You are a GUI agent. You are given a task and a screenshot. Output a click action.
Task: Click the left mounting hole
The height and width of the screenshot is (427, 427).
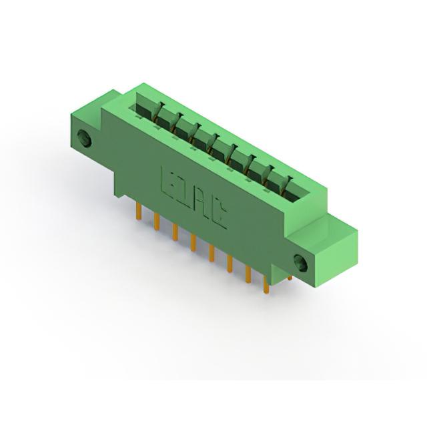(x=84, y=139)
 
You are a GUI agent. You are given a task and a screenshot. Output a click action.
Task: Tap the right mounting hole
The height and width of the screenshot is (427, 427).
(x=301, y=262)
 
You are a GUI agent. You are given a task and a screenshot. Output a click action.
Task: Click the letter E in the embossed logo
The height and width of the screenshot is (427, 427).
(x=168, y=181)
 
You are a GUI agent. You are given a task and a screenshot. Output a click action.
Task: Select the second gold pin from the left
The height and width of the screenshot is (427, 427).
(x=157, y=222)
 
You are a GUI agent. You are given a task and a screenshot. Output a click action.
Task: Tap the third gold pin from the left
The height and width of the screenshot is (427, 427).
(x=175, y=232)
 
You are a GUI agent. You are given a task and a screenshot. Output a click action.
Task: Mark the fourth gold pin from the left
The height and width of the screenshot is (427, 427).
(x=193, y=242)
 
